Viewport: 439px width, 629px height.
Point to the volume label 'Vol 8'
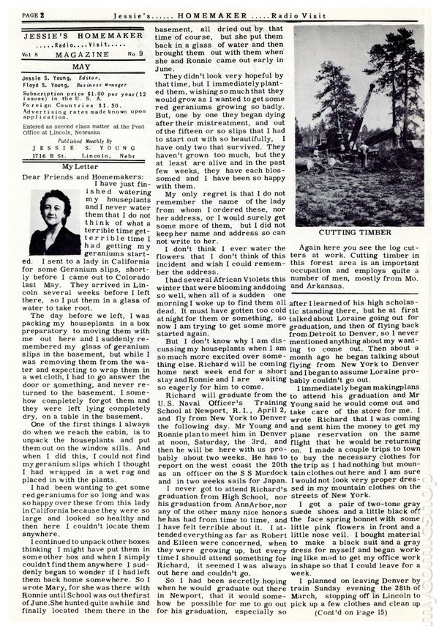[x=31, y=55]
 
